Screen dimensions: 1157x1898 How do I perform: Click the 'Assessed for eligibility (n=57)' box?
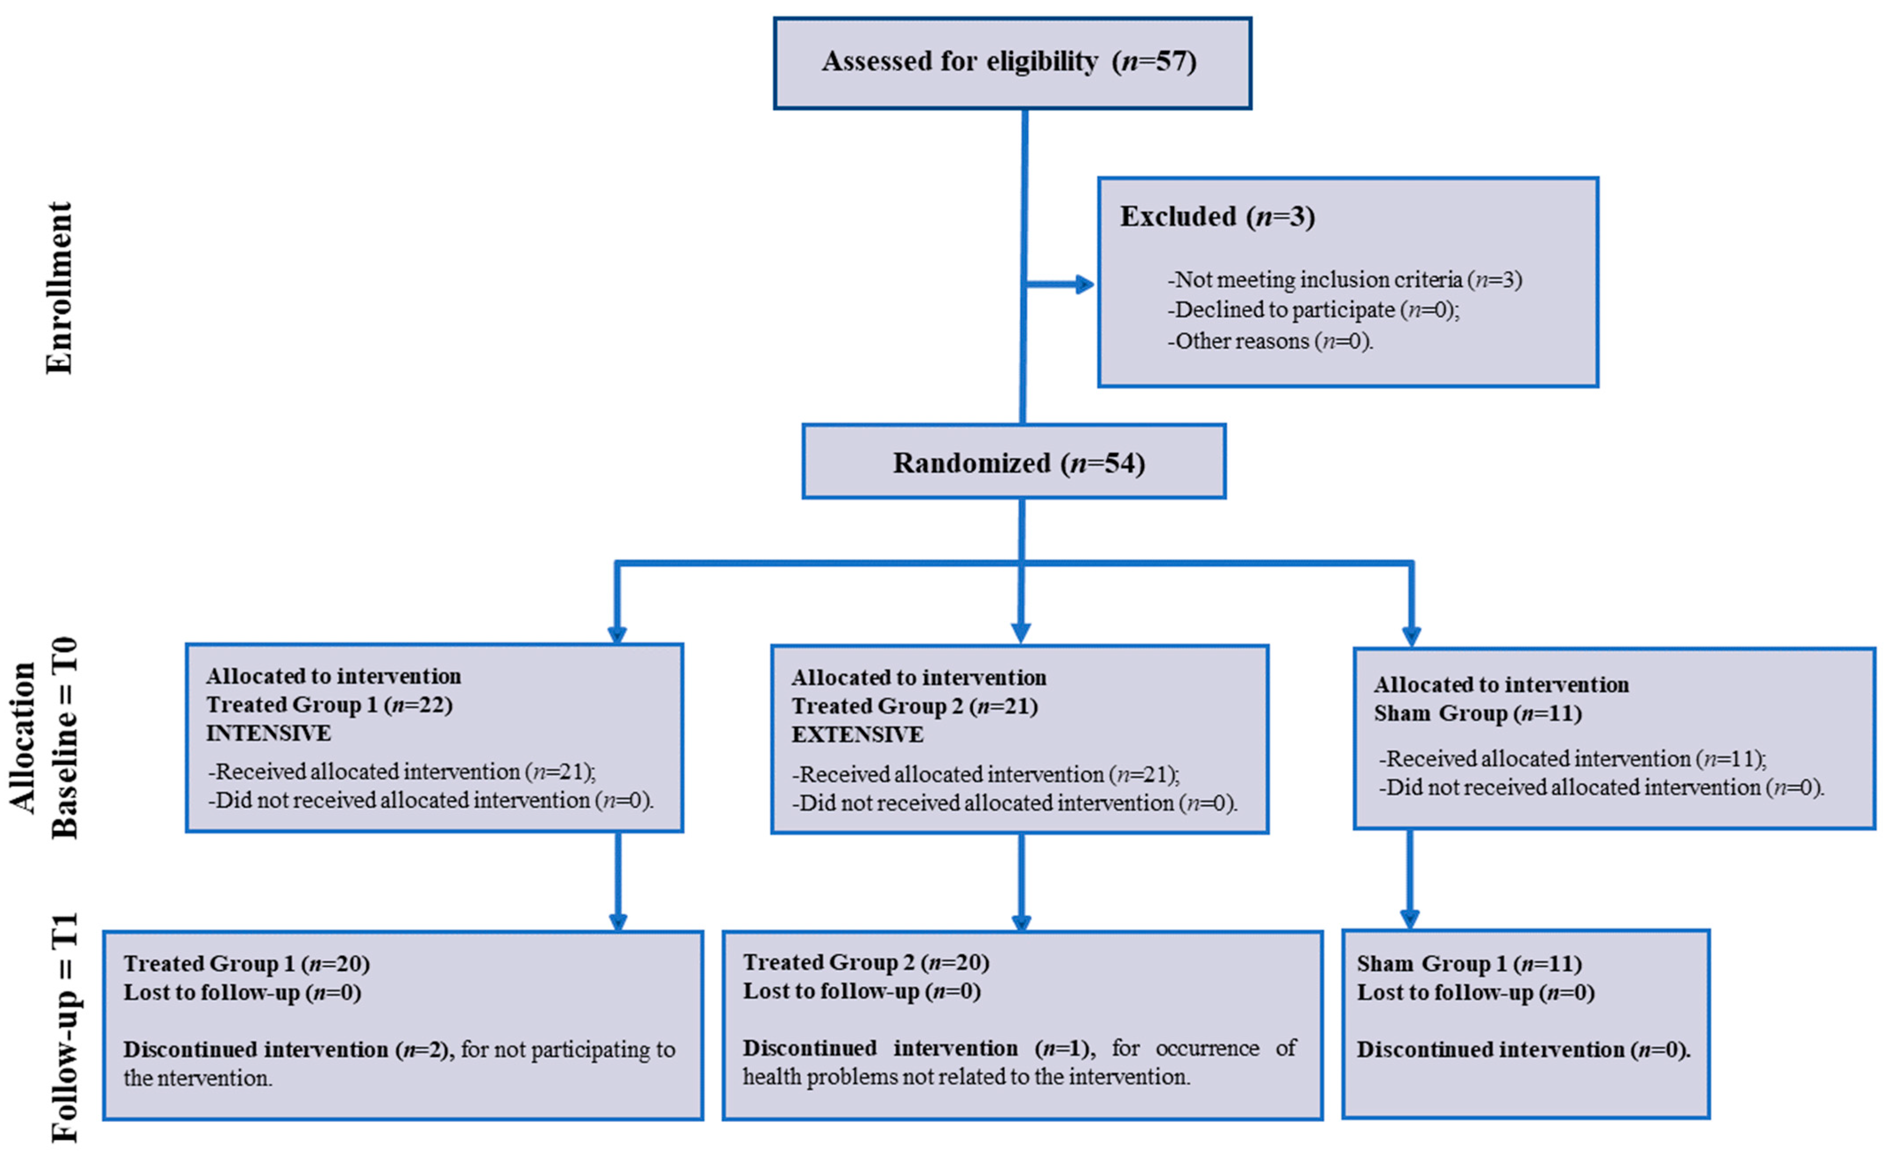point(1011,62)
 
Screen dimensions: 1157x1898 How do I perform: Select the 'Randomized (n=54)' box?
point(1014,462)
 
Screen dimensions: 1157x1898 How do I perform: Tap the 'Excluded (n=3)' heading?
point(1217,216)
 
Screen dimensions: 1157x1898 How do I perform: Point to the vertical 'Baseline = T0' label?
point(66,737)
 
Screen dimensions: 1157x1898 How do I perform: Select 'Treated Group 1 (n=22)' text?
point(329,705)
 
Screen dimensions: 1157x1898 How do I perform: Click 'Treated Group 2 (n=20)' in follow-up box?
point(865,962)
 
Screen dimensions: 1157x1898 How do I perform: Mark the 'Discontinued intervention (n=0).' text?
point(1523,1049)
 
